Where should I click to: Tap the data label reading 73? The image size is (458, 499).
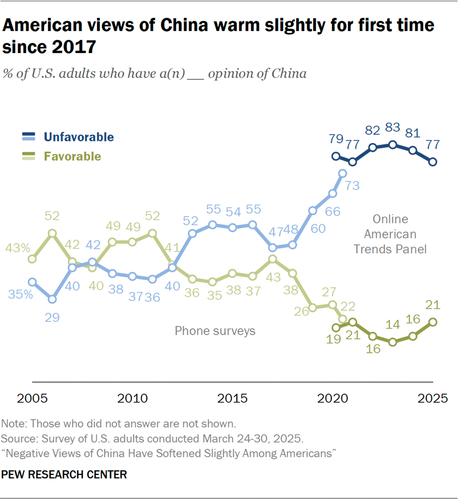click(x=352, y=186)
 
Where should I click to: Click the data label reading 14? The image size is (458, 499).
click(x=392, y=324)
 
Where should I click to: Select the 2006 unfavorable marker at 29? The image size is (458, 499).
click(x=52, y=299)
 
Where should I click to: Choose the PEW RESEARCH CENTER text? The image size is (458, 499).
click(x=64, y=474)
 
